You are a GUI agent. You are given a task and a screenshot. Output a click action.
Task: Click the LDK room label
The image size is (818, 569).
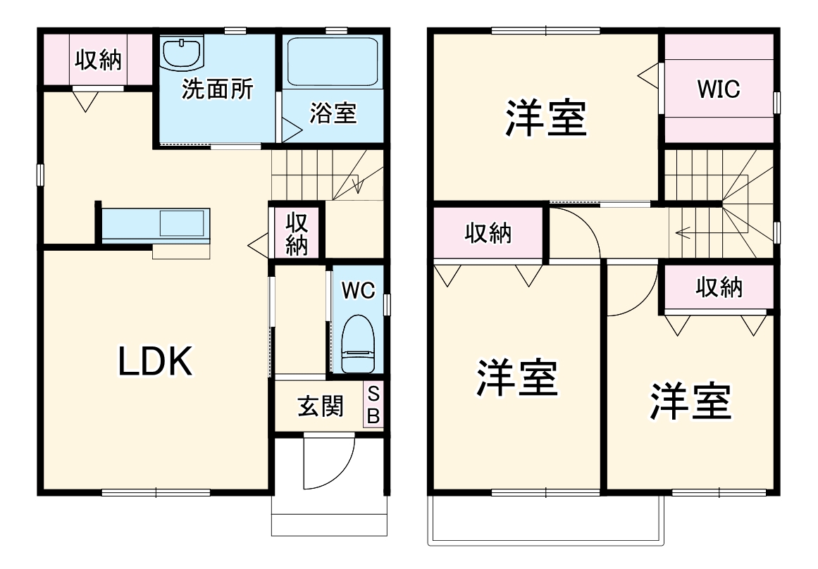click(x=154, y=363)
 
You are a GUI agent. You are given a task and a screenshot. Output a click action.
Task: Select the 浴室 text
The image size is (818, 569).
click(x=333, y=113)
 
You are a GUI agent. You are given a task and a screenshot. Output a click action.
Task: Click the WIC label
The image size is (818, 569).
click(x=718, y=89)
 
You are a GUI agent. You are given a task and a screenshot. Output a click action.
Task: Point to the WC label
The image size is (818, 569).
click(x=357, y=290)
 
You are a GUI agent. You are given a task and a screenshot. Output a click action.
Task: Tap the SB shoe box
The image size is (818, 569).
click(x=373, y=404)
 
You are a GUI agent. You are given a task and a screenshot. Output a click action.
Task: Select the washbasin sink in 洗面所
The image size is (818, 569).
click(x=182, y=52)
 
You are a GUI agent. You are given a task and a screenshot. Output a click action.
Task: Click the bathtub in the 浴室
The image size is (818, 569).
click(x=333, y=61)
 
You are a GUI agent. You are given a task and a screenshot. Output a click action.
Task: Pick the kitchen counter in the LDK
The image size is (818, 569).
click(x=155, y=225)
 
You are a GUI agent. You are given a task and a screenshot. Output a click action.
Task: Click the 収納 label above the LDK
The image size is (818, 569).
click(x=99, y=61)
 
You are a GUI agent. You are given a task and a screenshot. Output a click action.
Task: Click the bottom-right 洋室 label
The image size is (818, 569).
click(x=690, y=401)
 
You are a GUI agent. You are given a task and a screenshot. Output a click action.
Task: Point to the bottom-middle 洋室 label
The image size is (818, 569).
click(x=517, y=378)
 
